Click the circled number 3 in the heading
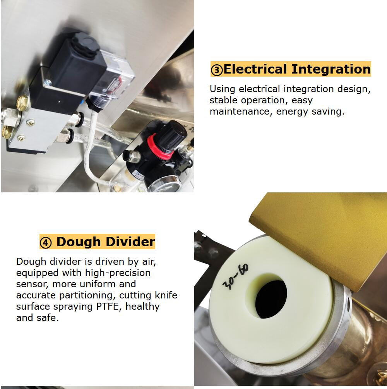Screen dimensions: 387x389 point(217,70)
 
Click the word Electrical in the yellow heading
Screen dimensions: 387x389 point(255,69)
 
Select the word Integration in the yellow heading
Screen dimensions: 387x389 point(331,69)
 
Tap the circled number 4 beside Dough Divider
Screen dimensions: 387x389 point(46,243)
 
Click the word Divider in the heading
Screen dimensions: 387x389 point(130,242)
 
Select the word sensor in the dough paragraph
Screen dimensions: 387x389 point(33,284)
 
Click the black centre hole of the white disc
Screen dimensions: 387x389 point(271,299)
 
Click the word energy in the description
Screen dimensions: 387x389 point(292,112)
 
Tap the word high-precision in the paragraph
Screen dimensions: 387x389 point(118,273)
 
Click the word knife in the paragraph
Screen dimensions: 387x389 point(166,295)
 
